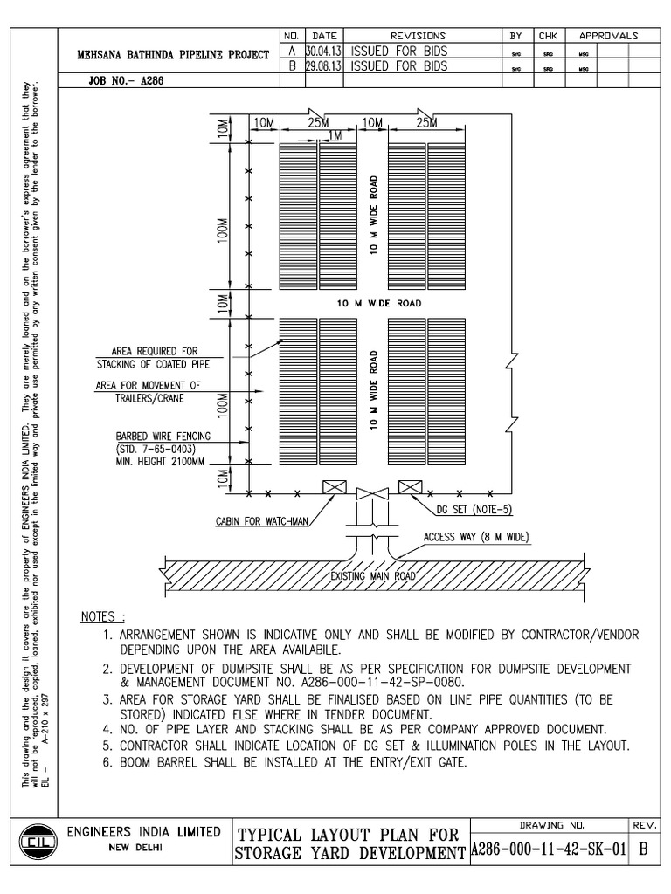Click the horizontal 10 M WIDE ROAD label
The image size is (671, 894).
click(379, 304)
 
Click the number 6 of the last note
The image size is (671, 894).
click(107, 762)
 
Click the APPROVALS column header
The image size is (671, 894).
click(606, 36)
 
